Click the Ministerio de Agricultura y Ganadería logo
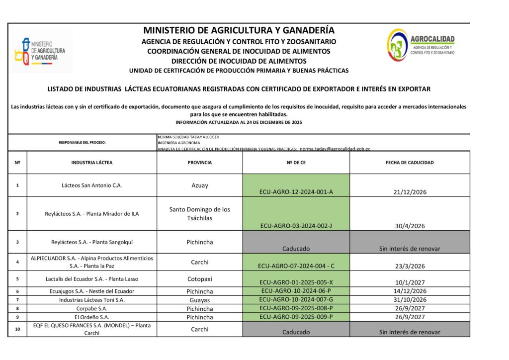pyautogui.click(x=41, y=51)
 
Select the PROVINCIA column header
pyautogui.click(x=199, y=163)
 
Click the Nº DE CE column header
pyautogui.click(x=296, y=163)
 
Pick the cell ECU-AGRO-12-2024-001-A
pyautogui.click(x=296, y=192)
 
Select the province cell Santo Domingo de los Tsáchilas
pyautogui.click(x=199, y=214)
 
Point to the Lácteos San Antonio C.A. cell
pyautogui.click(x=91, y=185)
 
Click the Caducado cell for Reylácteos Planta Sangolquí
pyautogui.click(x=296, y=249)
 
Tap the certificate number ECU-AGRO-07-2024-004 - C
pyautogui.click(x=296, y=266)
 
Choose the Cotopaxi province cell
pyautogui.click(x=199, y=279)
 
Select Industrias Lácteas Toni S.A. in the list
pyautogui.click(x=91, y=300)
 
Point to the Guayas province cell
pyautogui.click(x=199, y=300)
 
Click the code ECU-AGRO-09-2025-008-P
pyautogui.click(x=296, y=308)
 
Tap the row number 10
pyautogui.click(x=17, y=329)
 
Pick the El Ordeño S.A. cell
pyautogui.click(x=91, y=317)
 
